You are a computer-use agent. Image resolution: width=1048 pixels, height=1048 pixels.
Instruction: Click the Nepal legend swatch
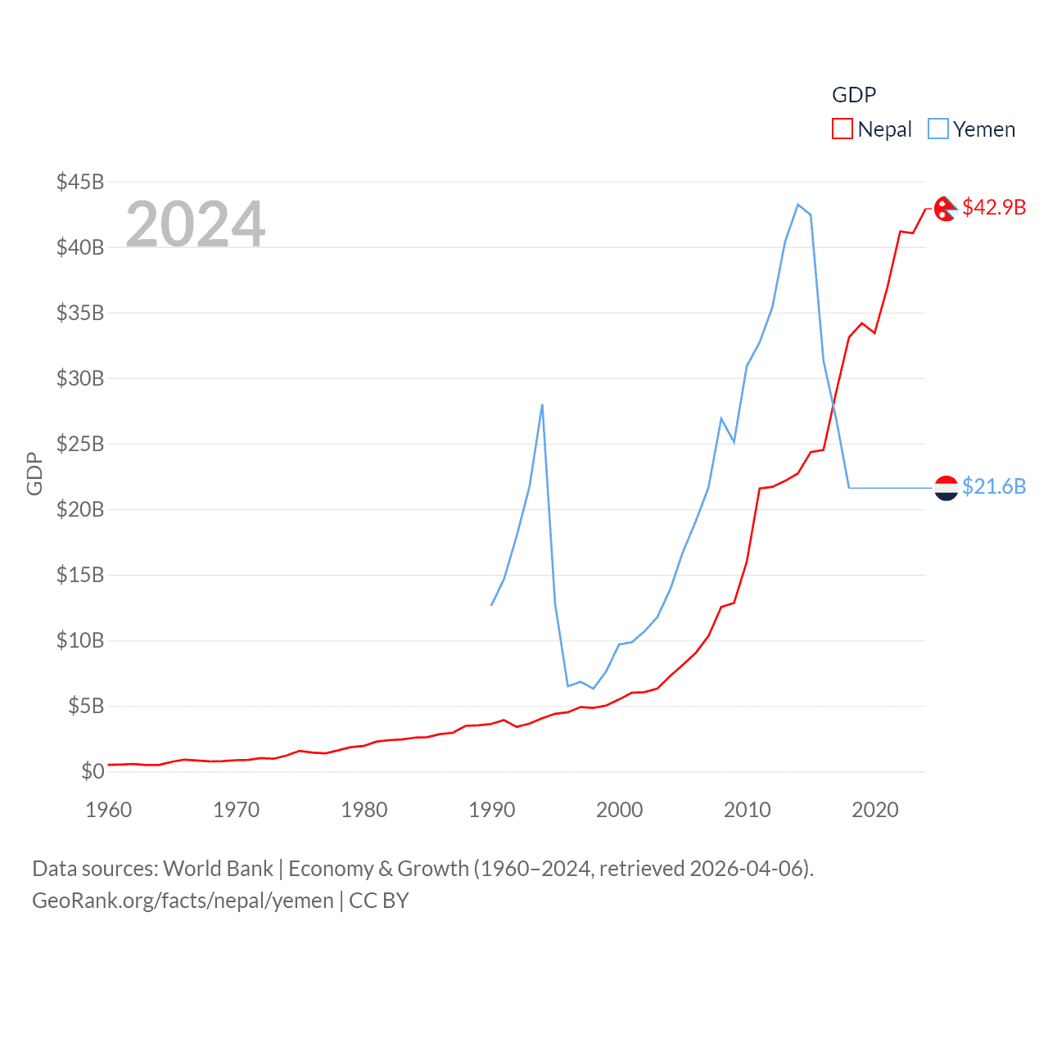(842, 129)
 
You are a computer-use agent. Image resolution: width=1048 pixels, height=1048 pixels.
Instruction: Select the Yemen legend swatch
(938, 129)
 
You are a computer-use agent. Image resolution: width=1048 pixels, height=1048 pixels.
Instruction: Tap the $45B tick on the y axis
(80, 182)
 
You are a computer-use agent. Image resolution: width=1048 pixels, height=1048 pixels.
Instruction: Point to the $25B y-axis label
(80, 444)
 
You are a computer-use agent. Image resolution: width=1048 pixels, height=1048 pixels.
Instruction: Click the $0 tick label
(93, 771)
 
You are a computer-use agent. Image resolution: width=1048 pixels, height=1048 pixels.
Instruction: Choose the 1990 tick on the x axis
(491, 810)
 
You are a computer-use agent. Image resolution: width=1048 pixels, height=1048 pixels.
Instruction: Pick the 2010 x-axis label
(747, 810)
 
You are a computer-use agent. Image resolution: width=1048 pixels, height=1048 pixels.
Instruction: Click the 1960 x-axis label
(109, 810)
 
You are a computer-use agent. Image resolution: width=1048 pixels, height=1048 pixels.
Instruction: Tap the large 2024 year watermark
(196, 224)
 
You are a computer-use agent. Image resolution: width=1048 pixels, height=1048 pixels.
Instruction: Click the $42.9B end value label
(994, 207)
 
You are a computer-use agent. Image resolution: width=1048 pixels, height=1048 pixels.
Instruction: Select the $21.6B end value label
(994, 486)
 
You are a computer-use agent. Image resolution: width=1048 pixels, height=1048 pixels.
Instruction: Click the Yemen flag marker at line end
(946, 488)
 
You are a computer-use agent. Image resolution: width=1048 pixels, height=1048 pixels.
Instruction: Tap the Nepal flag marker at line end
(946, 209)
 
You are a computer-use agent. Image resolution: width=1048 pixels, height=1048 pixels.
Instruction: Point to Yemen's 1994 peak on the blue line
(542, 404)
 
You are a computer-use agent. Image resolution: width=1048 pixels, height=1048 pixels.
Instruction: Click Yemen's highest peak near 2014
(798, 205)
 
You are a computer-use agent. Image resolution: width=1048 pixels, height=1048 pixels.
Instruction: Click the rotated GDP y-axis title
(34, 473)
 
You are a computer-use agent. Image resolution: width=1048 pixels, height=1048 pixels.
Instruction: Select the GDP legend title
(854, 95)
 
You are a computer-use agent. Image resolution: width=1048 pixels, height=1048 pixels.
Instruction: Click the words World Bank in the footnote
(219, 869)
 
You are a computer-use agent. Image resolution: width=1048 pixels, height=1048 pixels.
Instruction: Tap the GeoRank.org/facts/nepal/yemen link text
(183, 901)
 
